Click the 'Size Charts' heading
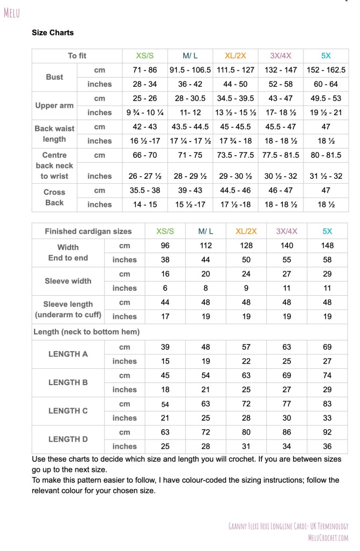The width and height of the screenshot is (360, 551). tap(53, 32)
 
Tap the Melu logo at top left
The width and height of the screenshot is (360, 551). tap(11, 13)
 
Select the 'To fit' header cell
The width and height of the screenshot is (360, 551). tap(77, 55)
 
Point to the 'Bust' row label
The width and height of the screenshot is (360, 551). tap(54, 77)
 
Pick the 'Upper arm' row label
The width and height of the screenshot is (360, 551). tap(54, 106)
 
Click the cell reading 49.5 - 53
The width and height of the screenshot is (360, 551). tap(326, 99)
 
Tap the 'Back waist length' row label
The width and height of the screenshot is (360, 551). tap(54, 134)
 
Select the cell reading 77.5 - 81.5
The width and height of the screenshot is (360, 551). tap(280, 155)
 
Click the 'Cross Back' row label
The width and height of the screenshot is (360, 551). tap(54, 197)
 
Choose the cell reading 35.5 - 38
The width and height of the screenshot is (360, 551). tap(145, 190)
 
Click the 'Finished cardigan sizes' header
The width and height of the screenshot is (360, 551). tap(88, 231)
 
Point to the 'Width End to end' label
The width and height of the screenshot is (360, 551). tap(68, 253)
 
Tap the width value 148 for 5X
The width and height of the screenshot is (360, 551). tap(327, 246)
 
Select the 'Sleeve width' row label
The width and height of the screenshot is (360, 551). tap(68, 281)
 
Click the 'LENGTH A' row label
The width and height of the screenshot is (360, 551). tap(68, 354)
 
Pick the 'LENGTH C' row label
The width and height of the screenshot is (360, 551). tap(68, 411)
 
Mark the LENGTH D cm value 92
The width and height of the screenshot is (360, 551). tap(327, 432)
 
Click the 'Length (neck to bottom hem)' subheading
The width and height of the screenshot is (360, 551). tap(87, 332)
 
